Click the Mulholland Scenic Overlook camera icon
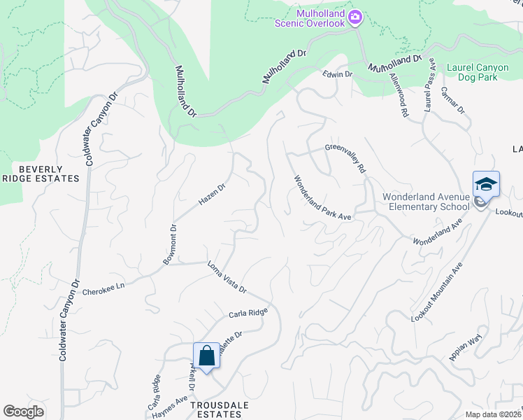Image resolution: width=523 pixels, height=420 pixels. click(354, 15)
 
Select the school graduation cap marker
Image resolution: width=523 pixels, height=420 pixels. click(486, 184)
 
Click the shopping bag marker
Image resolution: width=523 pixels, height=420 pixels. click(207, 356)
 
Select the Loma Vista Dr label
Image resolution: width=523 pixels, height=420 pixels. click(227, 277)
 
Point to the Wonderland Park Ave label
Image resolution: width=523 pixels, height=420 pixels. click(322, 198)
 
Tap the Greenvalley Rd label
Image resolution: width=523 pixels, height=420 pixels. click(345, 159)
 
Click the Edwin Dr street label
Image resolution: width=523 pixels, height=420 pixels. click(338, 73)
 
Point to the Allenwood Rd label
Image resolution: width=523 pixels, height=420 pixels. click(399, 95)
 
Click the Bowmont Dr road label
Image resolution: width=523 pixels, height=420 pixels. click(169, 245)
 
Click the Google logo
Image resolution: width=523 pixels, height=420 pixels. click(23, 412)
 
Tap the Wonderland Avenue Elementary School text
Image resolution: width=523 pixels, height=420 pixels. click(426, 202)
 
